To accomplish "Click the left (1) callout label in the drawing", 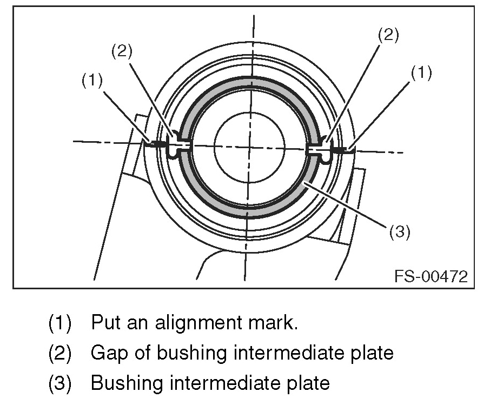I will (x=92, y=81).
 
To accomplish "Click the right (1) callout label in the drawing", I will (x=421, y=72).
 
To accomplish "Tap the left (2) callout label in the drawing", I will (x=122, y=52).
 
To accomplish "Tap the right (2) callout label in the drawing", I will (x=388, y=35).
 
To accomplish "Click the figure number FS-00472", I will (x=431, y=277).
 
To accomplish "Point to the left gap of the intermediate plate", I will (x=178, y=144).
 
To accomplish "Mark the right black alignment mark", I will (x=341, y=149).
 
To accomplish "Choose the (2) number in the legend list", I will (x=60, y=353).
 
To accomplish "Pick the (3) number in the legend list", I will (x=60, y=383).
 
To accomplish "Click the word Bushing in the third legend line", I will (x=122, y=383).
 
